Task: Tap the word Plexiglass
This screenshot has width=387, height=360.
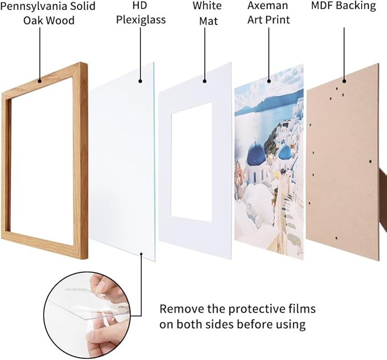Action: (x=141, y=20)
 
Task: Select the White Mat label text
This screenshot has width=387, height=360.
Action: (x=207, y=13)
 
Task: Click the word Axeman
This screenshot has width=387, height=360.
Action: (x=268, y=6)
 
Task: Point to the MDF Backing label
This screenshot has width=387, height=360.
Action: (x=344, y=6)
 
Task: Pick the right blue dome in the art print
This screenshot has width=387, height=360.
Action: (x=285, y=152)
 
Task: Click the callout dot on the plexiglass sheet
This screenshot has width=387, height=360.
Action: (x=141, y=81)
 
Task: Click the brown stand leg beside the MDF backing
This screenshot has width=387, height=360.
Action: (x=382, y=182)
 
